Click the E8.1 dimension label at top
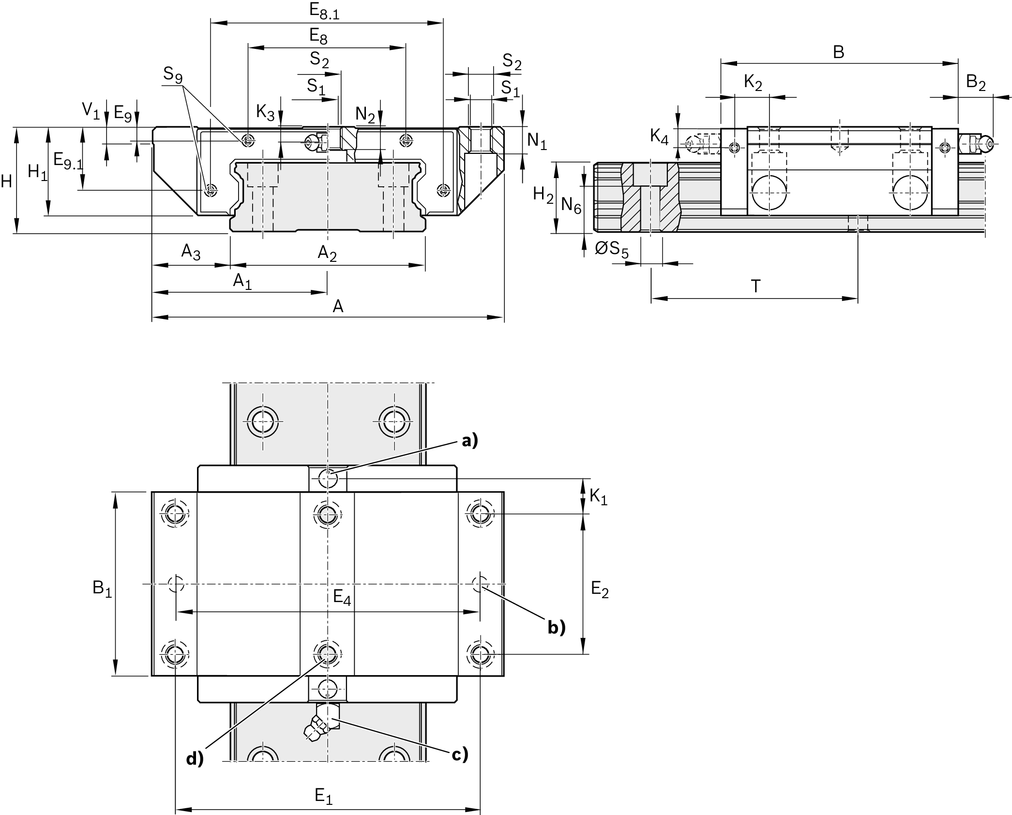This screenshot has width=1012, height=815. pyautogui.click(x=325, y=12)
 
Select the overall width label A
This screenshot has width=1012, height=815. pyautogui.click(x=338, y=306)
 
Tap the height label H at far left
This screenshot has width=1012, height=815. pyautogui.click(x=6, y=181)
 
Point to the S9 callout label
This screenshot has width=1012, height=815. pyautogui.click(x=173, y=74)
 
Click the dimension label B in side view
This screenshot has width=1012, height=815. pyautogui.click(x=838, y=52)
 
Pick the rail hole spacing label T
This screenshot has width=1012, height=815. pyautogui.click(x=755, y=287)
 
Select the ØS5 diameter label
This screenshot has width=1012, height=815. pyautogui.click(x=612, y=249)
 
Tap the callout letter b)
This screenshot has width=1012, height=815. pyautogui.click(x=557, y=627)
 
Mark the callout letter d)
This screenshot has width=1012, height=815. pyautogui.click(x=195, y=759)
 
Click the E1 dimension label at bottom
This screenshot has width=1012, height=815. pyautogui.click(x=324, y=795)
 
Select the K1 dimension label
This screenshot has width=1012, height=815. pyautogui.click(x=598, y=497)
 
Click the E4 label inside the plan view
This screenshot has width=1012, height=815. pyautogui.click(x=342, y=597)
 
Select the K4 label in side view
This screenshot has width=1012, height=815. pyautogui.click(x=659, y=136)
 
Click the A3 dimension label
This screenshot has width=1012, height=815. pyautogui.click(x=191, y=252)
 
